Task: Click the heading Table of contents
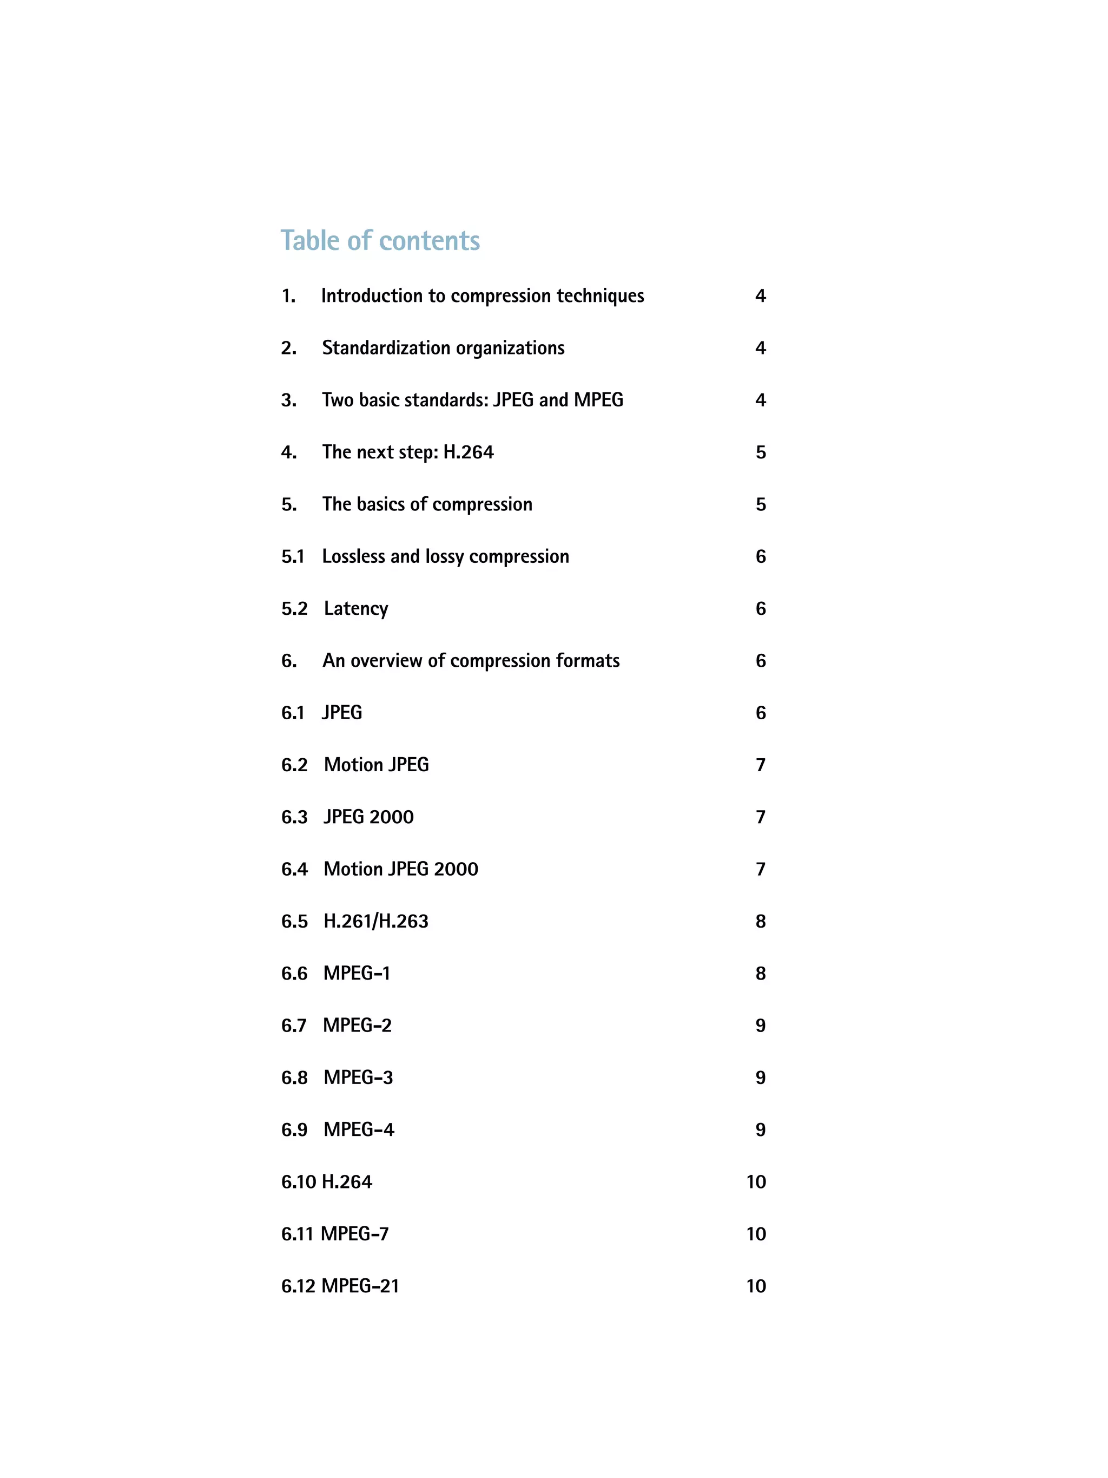coord(379,240)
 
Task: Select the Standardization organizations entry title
coord(443,347)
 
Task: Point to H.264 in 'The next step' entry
coord(468,452)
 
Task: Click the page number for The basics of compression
coord(760,504)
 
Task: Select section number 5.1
coord(293,556)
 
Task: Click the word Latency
coord(355,608)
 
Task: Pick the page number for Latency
coord(760,608)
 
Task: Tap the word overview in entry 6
coord(386,660)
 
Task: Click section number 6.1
coord(293,712)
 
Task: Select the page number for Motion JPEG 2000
coord(760,869)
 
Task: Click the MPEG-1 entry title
coord(357,973)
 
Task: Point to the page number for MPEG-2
coord(760,1025)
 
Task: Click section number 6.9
coord(294,1129)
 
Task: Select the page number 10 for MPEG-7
coord(755,1233)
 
